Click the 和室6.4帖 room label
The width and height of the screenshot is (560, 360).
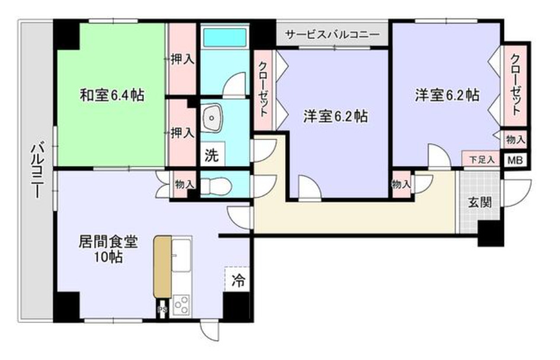pyautogui.click(x=111, y=95)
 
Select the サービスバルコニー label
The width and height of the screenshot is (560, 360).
pyautogui.click(x=332, y=34)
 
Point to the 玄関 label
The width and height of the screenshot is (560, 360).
pyautogui.click(x=479, y=202)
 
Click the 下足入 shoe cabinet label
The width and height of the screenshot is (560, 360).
pyautogui.click(x=481, y=159)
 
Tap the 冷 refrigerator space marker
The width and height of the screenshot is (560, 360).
pyautogui.click(x=238, y=278)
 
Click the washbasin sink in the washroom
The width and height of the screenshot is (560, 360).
pyautogui.click(x=211, y=117)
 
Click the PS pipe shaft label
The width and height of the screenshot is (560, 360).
pyautogui.click(x=161, y=309)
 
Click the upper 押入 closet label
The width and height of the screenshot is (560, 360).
pyautogui.click(x=182, y=60)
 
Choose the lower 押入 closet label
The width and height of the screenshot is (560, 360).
pyautogui.click(x=182, y=133)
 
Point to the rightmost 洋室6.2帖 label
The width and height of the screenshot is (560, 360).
pyautogui.click(x=446, y=95)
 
